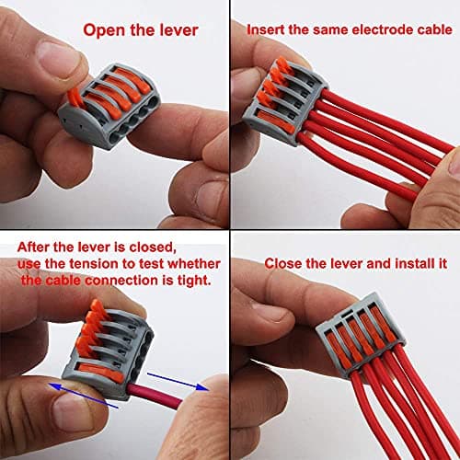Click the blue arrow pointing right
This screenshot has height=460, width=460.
178,382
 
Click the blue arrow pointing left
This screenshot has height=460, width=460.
84,396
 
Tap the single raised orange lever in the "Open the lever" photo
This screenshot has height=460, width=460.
75,97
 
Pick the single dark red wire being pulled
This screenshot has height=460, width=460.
154,395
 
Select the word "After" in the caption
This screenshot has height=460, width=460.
34,247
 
